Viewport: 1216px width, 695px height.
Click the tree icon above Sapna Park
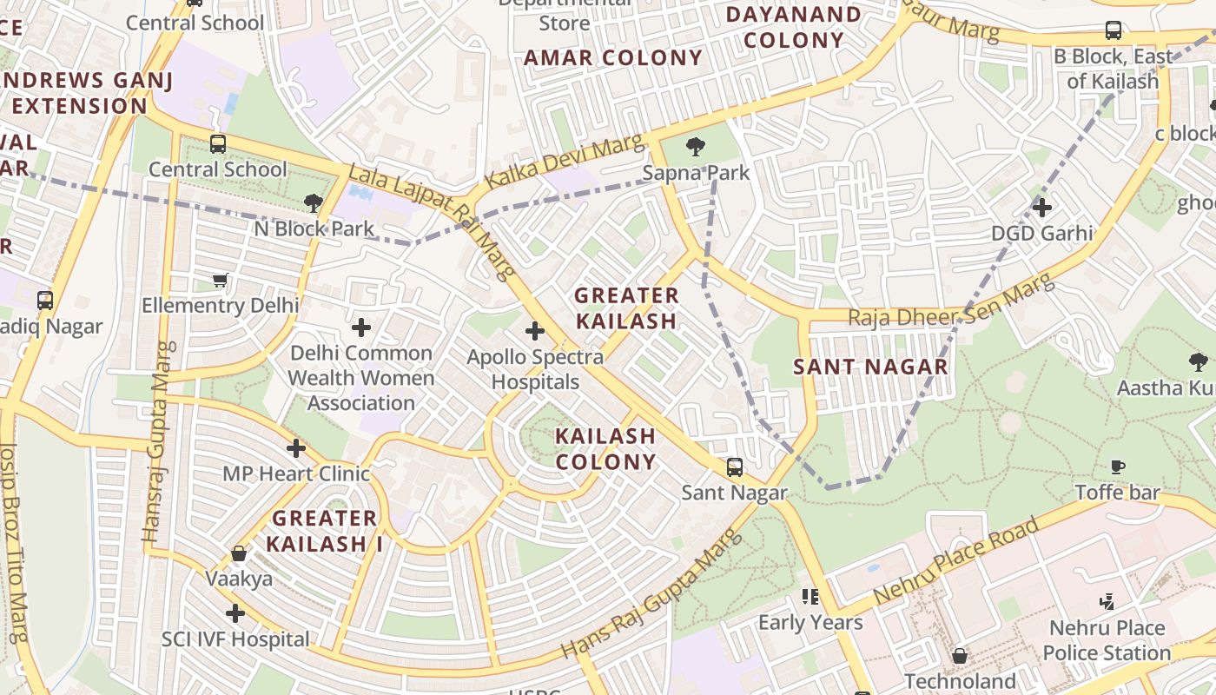(x=695, y=147)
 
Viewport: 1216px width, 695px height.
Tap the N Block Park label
(x=314, y=229)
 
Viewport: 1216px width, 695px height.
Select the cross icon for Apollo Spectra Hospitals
(x=535, y=331)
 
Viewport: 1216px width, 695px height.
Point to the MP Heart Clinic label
(x=296, y=473)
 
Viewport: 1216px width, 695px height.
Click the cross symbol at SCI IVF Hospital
(x=235, y=613)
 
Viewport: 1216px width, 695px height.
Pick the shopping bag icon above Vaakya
(x=239, y=553)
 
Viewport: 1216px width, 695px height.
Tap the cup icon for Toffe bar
(x=1118, y=467)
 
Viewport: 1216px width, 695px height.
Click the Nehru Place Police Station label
(x=1107, y=640)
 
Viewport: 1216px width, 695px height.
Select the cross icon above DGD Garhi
(x=1042, y=208)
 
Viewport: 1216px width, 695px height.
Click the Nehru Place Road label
(x=956, y=561)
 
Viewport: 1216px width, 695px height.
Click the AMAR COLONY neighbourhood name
(x=613, y=58)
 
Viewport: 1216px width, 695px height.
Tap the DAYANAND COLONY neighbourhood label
(x=794, y=27)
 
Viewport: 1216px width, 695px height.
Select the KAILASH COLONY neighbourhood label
(x=605, y=448)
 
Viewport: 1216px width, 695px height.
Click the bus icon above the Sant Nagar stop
(x=735, y=467)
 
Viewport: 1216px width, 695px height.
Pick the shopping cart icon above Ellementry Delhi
(x=220, y=280)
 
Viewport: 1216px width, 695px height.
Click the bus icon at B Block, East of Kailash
(x=1113, y=30)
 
